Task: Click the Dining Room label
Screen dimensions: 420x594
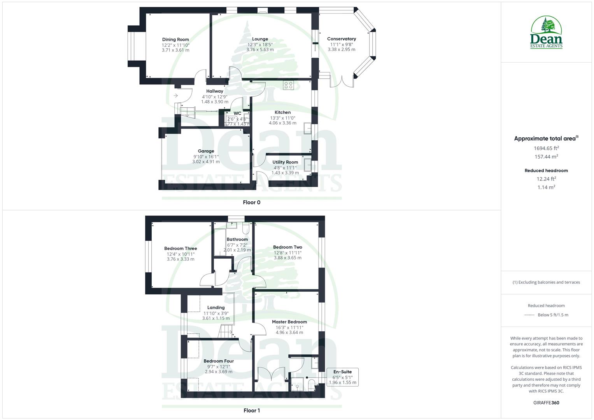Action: click(175, 39)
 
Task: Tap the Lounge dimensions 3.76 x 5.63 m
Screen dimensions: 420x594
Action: click(260, 50)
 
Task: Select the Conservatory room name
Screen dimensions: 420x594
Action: click(342, 39)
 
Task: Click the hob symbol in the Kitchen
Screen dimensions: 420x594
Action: click(288, 85)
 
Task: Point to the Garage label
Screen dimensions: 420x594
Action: click(206, 151)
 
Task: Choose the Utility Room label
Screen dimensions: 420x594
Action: click(285, 162)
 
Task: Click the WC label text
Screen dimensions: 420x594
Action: click(237, 114)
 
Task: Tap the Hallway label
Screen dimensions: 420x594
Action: click(215, 91)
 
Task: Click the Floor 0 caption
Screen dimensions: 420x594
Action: click(252, 202)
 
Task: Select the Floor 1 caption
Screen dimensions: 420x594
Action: click(252, 411)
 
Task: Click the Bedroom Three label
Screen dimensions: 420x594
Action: click(180, 248)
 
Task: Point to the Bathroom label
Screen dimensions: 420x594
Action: click(237, 240)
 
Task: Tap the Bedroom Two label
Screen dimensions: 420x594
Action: click(287, 247)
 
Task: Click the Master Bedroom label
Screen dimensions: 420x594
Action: click(289, 322)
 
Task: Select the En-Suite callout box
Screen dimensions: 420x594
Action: click(342, 377)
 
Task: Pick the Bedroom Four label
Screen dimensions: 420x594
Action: click(219, 361)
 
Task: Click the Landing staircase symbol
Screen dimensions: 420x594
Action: click(225, 332)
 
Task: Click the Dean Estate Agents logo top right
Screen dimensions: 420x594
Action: click(547, 33)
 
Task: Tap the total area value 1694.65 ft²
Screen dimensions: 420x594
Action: click(546, 148)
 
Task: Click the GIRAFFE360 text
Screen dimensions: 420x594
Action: click(546, 403)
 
